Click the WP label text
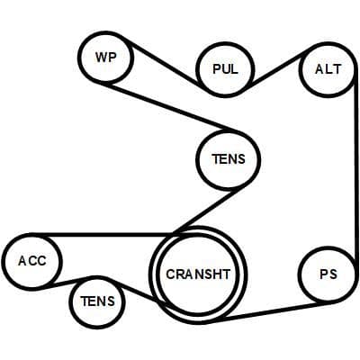(x=105, y=57)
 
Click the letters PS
(x=328, y=274)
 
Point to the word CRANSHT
(x=198, y=274)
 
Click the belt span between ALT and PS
(x=356, y=173)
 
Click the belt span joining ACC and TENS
(x=67, y=283)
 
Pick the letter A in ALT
(x=319, y=69)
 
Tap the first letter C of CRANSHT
(x=171, y=274)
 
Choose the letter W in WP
(x=101, y=57)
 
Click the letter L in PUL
(x=235, y=69)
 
